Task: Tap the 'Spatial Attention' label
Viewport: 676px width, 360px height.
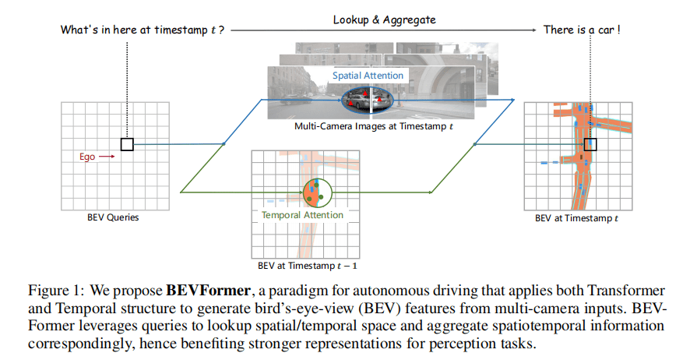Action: click(368, 76)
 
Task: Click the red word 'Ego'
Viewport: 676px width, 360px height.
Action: click(87, 157)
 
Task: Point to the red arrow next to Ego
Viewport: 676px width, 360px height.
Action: click(108, 157)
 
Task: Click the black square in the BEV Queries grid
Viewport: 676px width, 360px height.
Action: click(127, 144)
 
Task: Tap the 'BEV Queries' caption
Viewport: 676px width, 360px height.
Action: click(113, 217)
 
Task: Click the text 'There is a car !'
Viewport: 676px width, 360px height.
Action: click(576, 30)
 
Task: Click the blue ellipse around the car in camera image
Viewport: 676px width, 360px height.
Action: click(368, 98)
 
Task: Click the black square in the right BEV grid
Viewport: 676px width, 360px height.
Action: click(590, 144)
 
